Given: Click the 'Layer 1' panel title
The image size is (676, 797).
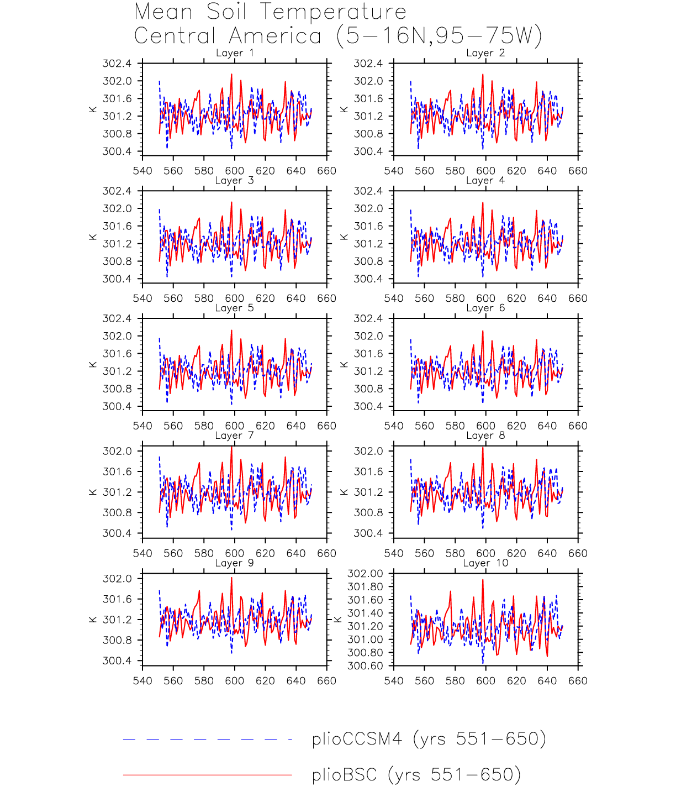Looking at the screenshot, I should [235, 53].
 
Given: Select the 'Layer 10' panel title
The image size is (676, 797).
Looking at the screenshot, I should [485, 563].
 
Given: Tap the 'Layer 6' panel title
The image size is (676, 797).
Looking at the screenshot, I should [485, 308].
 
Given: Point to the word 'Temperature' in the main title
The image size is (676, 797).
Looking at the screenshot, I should [334, 12].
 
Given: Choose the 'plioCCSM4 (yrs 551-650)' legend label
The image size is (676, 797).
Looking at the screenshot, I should [429, 739].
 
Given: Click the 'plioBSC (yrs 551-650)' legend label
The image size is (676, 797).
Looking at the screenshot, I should [416, 775].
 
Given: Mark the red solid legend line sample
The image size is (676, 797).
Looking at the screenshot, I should [207, 775].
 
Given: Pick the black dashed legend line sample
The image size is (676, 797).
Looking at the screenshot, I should [207, 739].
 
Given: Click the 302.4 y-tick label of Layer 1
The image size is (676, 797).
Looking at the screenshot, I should [117, 64].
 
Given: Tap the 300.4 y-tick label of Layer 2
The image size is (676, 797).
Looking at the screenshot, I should [368, 151].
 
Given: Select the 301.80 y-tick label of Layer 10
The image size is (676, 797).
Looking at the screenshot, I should [365, 587].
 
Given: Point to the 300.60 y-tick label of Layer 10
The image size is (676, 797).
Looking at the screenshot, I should [365, 666].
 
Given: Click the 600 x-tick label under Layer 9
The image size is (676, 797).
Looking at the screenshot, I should [234, 681].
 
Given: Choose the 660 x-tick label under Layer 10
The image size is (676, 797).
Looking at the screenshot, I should [578, 681].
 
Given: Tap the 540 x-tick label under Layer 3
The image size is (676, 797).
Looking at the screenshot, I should [142, 298].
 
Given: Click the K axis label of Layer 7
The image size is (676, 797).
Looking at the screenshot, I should [93, 492].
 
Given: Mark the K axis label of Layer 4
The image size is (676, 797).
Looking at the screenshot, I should [344, 237].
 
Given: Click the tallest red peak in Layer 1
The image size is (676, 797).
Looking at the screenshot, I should [231, 74].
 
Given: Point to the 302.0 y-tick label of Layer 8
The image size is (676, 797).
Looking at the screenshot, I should [368, 451].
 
